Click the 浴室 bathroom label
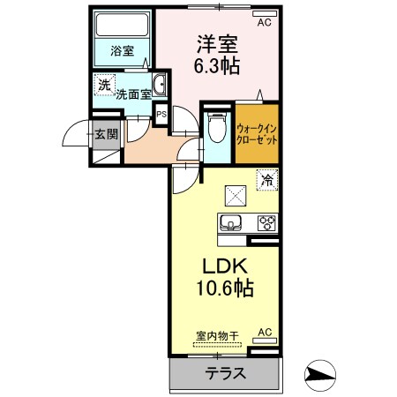(x=123, y=51)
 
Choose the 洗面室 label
(x=132, y=93)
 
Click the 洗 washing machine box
(x=105, y=86)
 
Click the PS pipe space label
(x=161, y=114)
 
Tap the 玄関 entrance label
(x=103, y=134)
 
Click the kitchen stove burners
(x=266, y=222)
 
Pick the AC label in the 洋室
(x=264, y=25)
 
